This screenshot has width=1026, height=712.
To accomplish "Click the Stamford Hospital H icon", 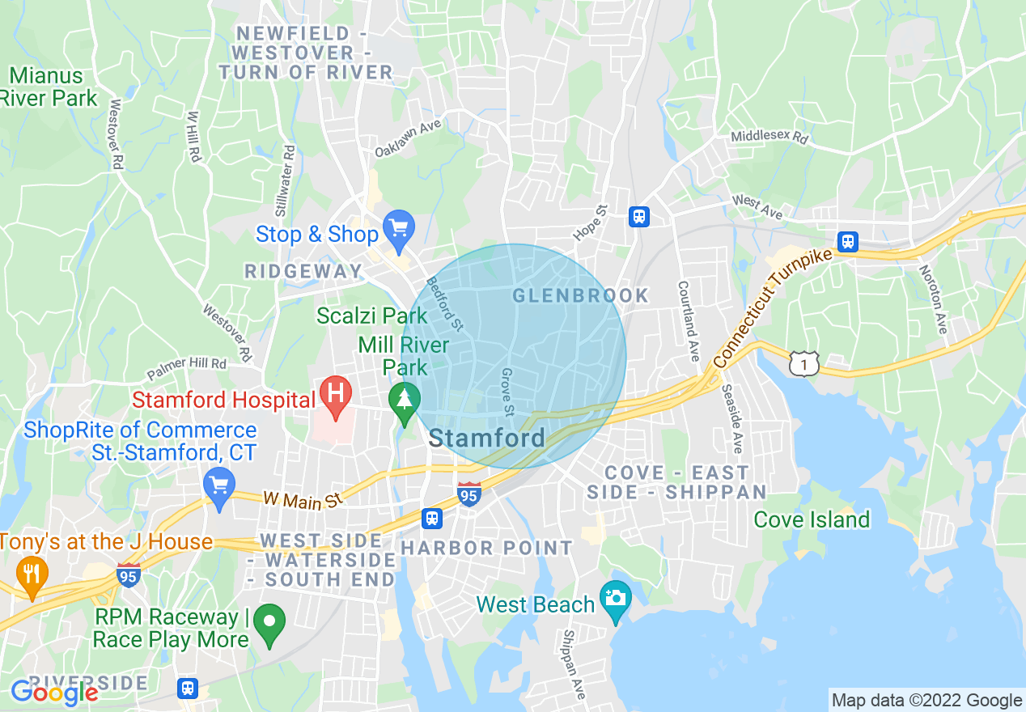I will tap(335, 394).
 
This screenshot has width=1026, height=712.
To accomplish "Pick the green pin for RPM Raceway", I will tap(269, 623).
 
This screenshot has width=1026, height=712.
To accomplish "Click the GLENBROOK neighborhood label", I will tap(581, 295).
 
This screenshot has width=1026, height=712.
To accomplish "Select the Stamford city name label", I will tap(486, 439).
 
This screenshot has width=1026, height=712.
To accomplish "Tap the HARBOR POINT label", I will tap(486, 549).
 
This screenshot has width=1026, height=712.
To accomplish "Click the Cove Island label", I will tap(812, 519).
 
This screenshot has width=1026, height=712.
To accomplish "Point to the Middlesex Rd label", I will tap(769, 138).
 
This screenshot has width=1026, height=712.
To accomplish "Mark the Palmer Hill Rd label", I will tap(187, 368).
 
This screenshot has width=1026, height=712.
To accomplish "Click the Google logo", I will tap(54, 693).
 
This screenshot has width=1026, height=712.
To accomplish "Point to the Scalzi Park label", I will tap(371, 316).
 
